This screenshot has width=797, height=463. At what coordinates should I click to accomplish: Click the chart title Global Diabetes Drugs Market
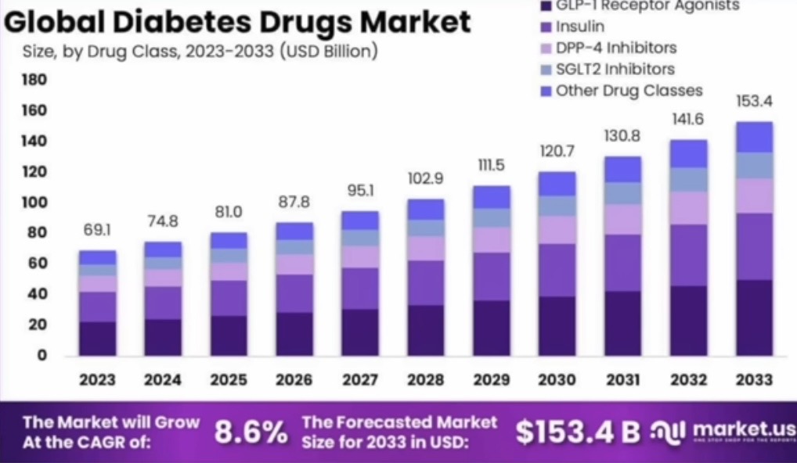pyautogui.click(x=238, y=21)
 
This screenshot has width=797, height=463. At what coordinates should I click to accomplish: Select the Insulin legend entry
pyautogui.click(x=579, y=27)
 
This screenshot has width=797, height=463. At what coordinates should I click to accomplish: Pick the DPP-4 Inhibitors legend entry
pyautogui.click(x=615, y=48)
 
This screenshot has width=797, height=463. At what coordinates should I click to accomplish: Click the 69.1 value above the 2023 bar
pyautogui.click(x=97, y=232)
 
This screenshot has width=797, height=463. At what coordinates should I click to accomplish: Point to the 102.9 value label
pyautogui.click(x=426, y=179)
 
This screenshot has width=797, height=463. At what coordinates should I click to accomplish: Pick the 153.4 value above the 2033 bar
pyautogui.click(x=755, y=102)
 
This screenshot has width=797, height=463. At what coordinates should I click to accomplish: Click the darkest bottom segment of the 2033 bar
pyautogui.click(x=755, y=317)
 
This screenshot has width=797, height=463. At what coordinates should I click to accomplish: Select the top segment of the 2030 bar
pyautogui.click(x=557, y=183)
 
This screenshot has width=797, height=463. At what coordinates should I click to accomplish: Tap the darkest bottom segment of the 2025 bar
pyautogui.click(x=229, y=335)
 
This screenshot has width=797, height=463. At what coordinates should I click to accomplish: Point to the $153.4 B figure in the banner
pyautogui.click(x=579, y=432)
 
